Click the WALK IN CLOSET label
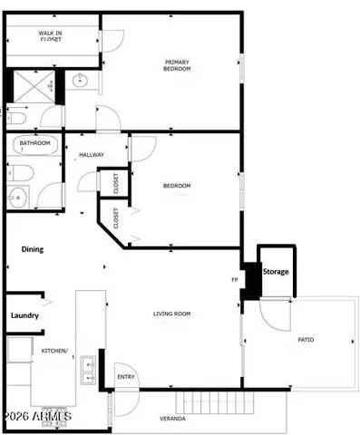click(50, 36)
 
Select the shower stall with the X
click(36, 88)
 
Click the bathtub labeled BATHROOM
click(34, 144)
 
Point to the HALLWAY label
click(92, 155)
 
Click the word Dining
click(33, 249)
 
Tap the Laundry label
click(24, 315)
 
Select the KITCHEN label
click(54, 350)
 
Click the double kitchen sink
click(88, 366)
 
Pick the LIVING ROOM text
click(171, 314)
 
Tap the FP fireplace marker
click(236, 280)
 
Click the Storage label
click(276, 272)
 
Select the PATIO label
click(306, 340)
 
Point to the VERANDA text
click(172, 419)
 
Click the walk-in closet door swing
click(110, 41)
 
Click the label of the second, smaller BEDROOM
click(177, 186)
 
